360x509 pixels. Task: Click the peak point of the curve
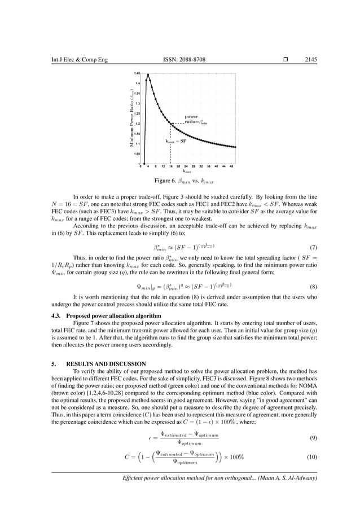tap(148, 74)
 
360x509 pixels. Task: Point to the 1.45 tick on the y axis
tap(137, 73)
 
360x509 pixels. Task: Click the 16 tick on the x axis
tap(170, 167)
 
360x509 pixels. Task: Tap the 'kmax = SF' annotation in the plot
tap(175, 141)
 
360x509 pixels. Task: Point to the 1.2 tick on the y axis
tap(137, 123)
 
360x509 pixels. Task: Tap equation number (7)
tap(313, 248)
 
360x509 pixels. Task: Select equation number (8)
tap(313, 287)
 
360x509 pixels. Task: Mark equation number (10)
tap(312, 456)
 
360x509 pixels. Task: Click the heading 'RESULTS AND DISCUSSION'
tap(99, 363)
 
